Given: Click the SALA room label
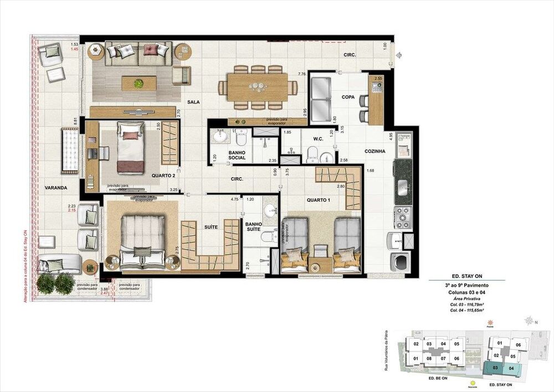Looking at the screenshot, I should click(x=193, y=102).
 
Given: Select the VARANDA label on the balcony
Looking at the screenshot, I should click(x=56, y=188).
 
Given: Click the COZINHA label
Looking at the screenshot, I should click(x=375, y=151).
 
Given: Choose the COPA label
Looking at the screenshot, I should click(x=348, y=97).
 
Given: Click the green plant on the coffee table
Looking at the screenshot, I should click(x=138, y=83).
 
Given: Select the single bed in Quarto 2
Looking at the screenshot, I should click(x=130, y=147).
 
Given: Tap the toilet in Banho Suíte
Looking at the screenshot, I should click(x=268, y=237).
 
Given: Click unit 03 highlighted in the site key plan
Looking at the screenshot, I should click(x=496, y=368).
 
